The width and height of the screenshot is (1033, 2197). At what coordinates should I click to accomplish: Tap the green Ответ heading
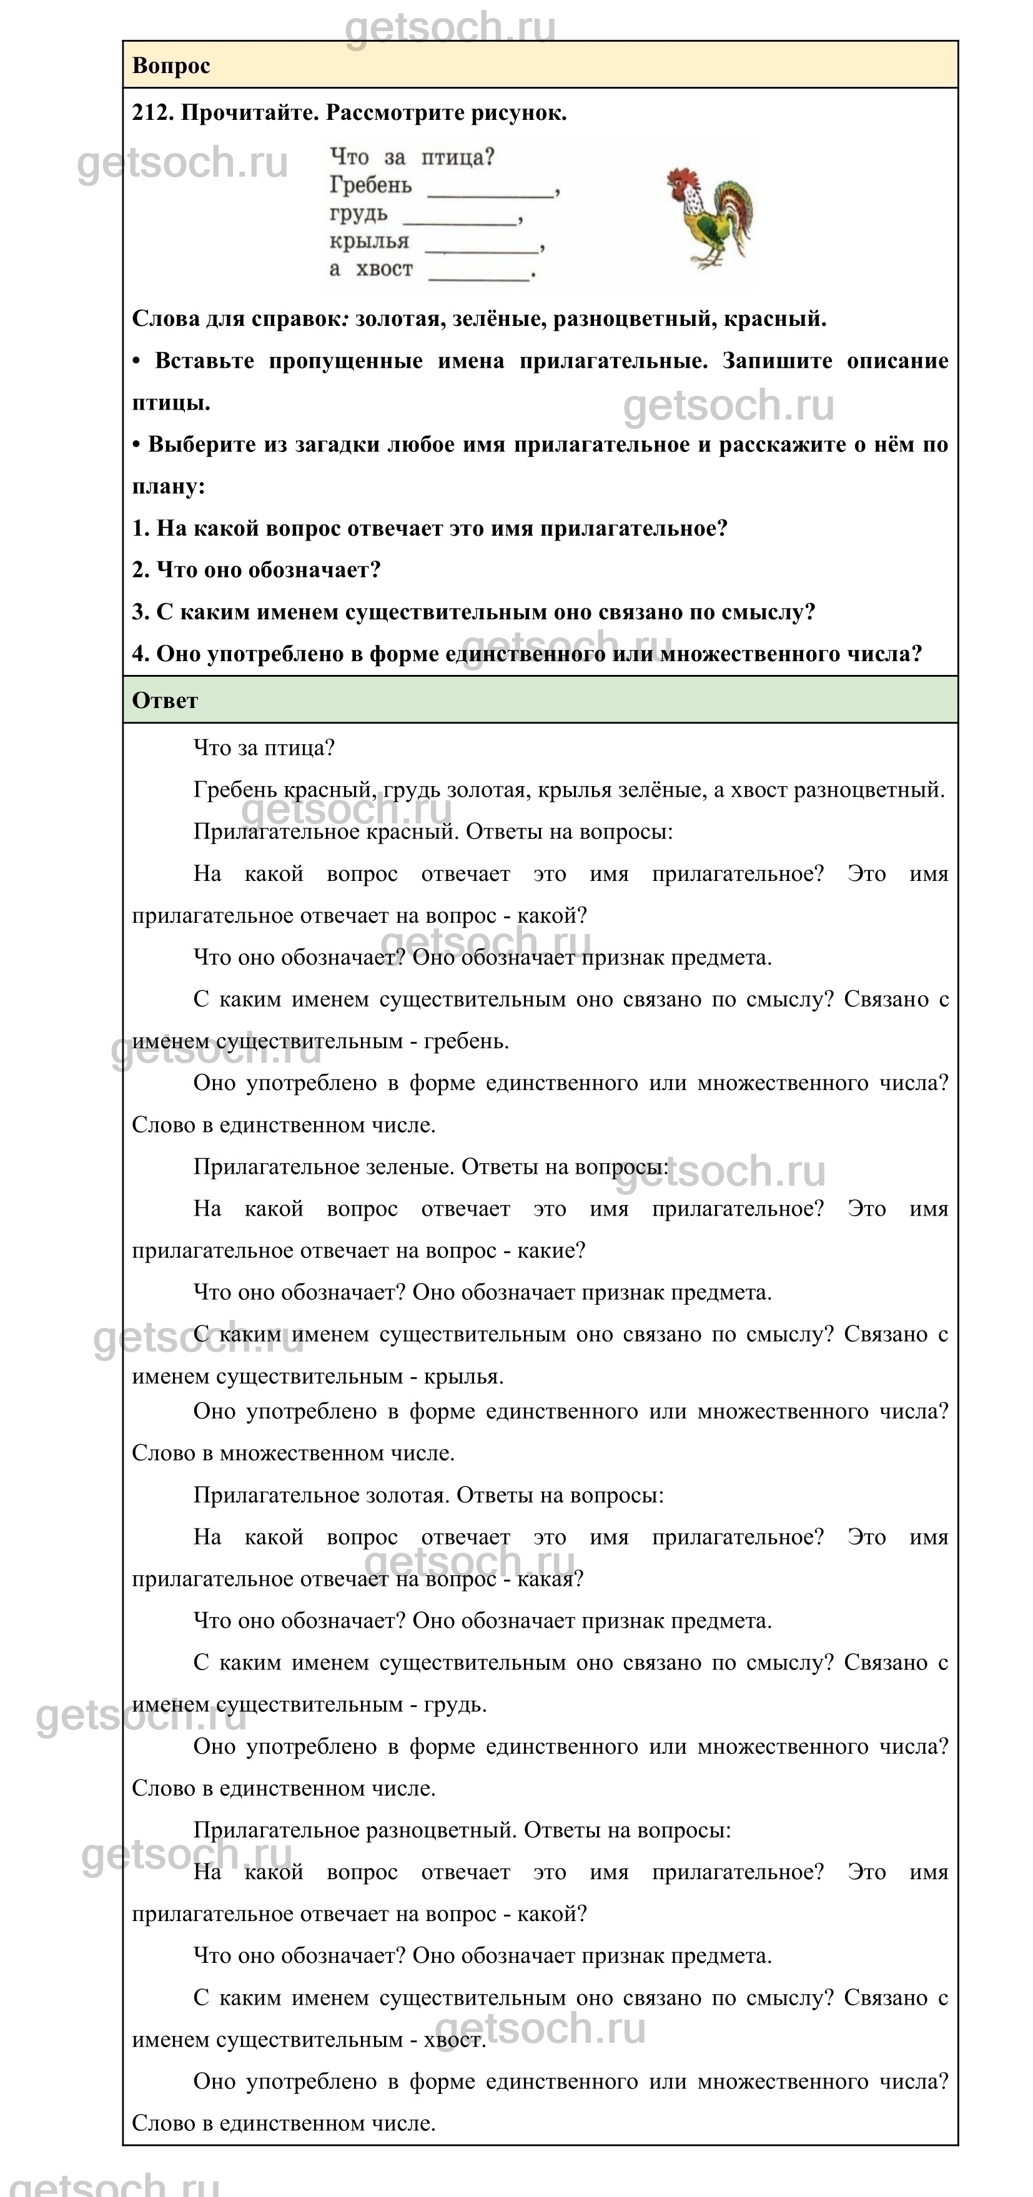click(x=165, y=700)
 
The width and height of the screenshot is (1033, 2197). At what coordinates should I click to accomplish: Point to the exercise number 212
click(x=151, y=112)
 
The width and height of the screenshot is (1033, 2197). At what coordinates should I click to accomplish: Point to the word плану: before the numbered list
click(x=168, y=486)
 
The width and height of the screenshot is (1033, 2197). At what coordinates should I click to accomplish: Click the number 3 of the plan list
click(x=139, y=611)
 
